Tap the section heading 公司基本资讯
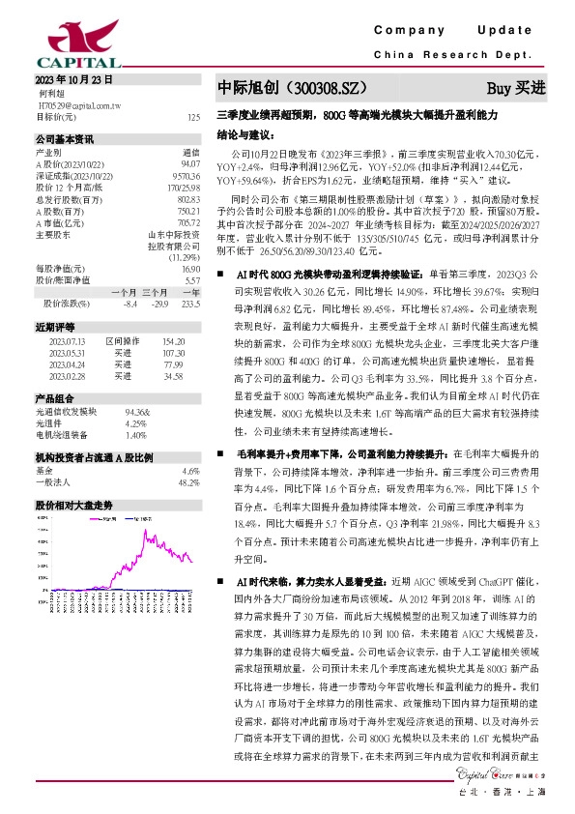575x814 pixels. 64,138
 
